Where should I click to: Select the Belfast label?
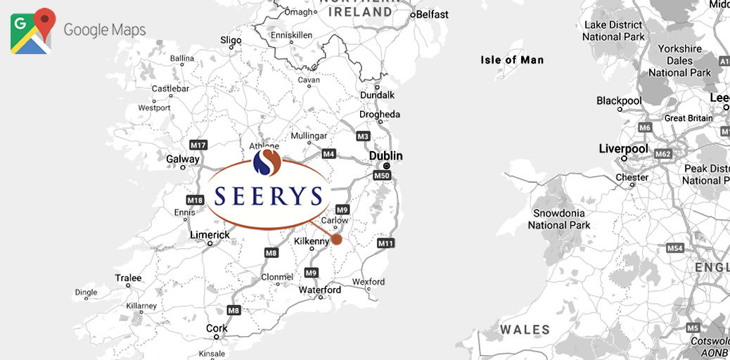click(432, 14)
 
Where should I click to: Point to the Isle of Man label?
click(512, 60)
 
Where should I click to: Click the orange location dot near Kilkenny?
click(337, 239)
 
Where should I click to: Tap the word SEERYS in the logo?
click(269, 195)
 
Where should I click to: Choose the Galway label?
click(183, 159)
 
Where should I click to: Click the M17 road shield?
click(199, 145)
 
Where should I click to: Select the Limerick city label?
click(210, 235)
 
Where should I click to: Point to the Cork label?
click(217, 328)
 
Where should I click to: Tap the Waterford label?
click(320, 290)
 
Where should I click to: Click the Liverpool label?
click(623, 149)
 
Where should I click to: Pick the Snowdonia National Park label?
click(560, 219)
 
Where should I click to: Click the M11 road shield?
click(385, 243)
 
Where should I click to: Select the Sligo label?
click(231, 40)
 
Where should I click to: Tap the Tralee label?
click(128, 278)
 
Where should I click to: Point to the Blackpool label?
click(619, 101)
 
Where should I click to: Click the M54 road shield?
click(675, 248)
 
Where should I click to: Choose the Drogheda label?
click(380, 115)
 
